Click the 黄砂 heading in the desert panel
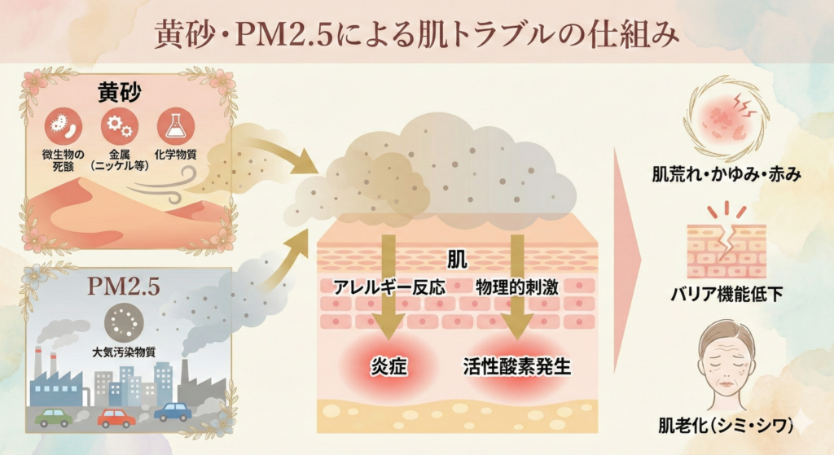pos(120,92)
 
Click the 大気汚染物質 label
pos(130,353)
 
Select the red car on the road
pos(116,418)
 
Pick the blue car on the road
pos(173,412)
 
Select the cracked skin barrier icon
pos(724,247)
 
